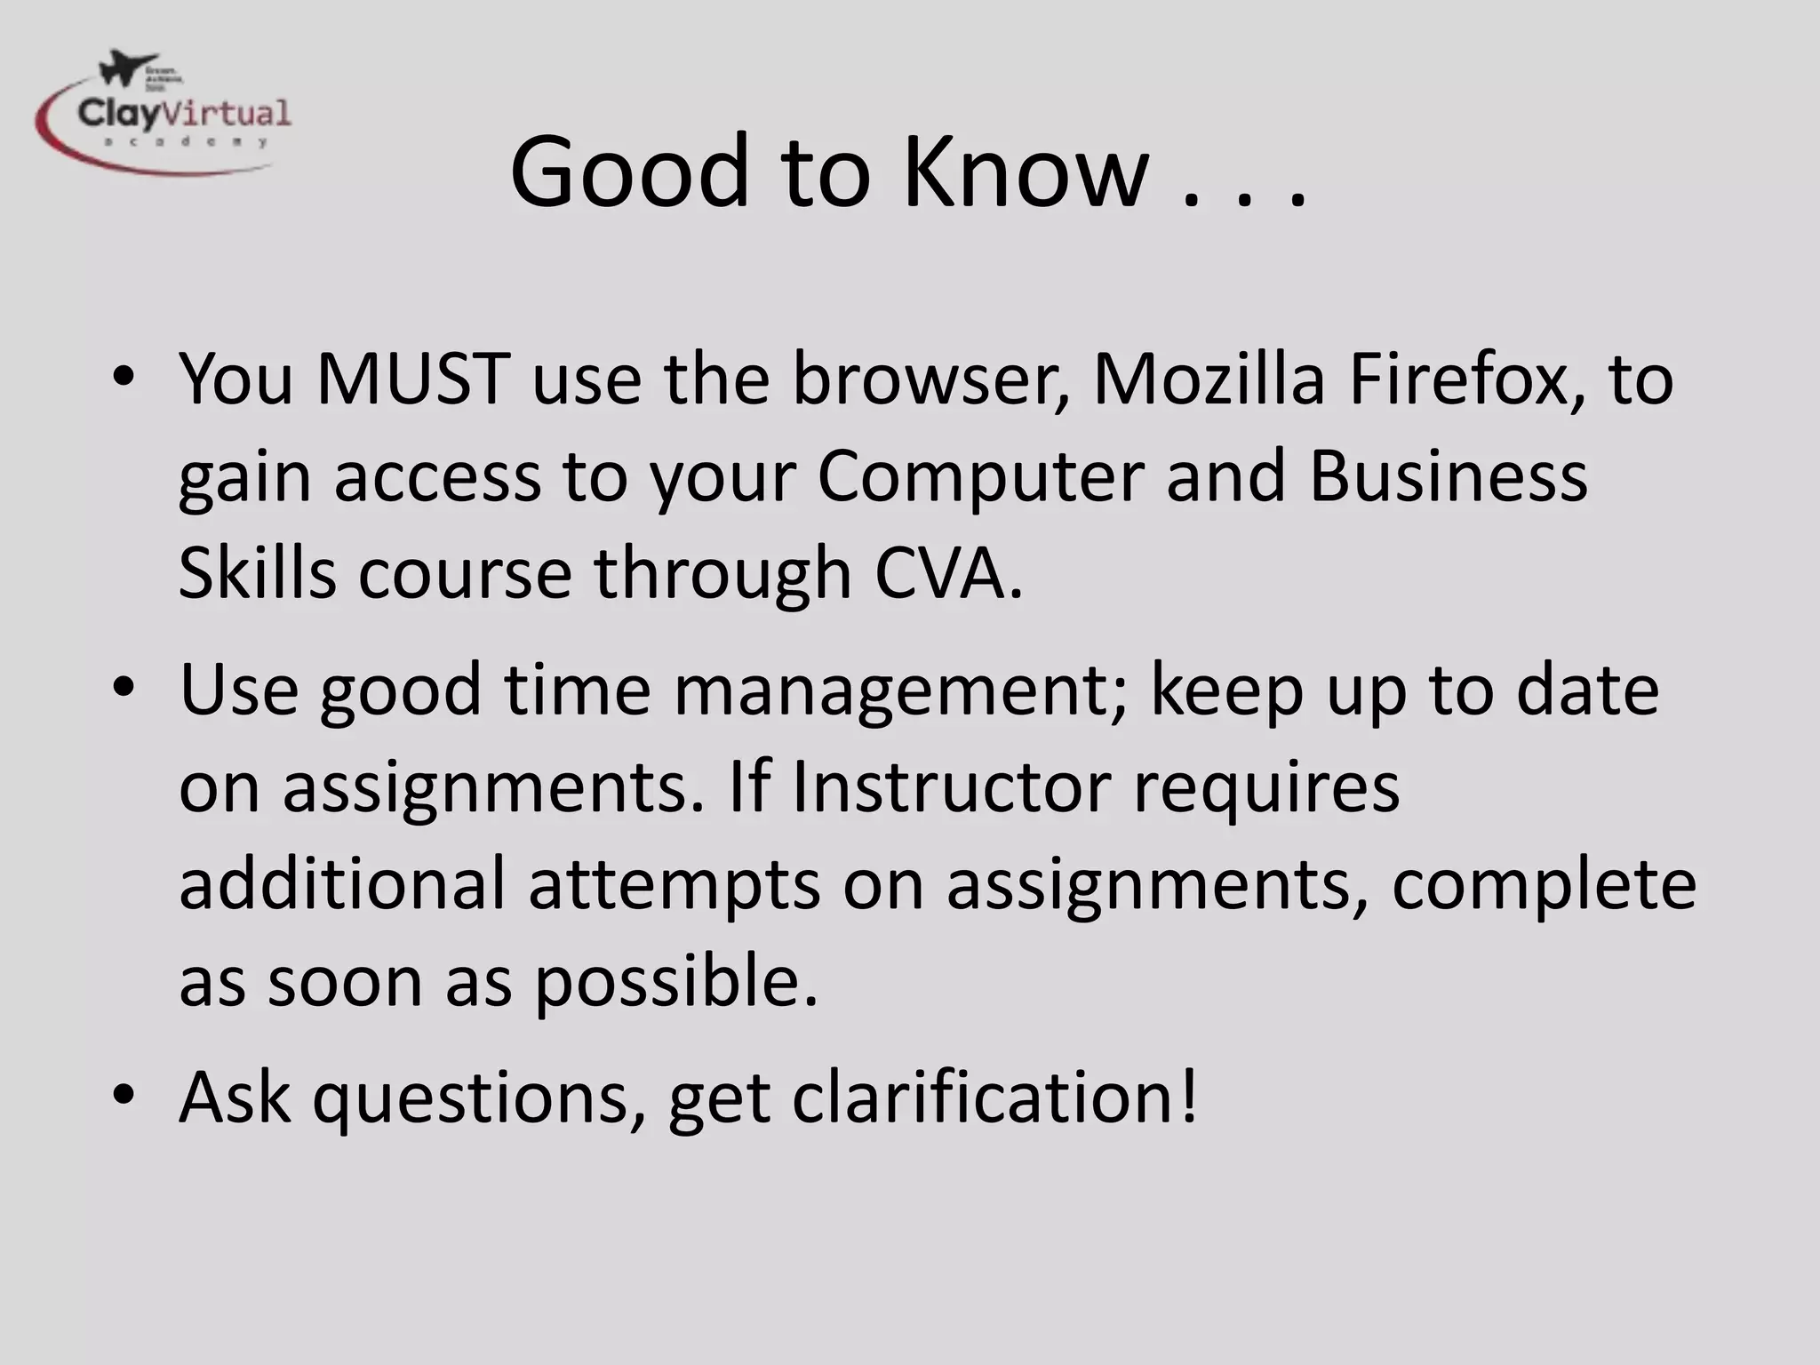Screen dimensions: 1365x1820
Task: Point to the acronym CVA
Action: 947,574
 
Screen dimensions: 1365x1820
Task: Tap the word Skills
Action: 257,574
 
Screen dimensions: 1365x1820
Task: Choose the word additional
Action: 342,885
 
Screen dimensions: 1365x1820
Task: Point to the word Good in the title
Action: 630,171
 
